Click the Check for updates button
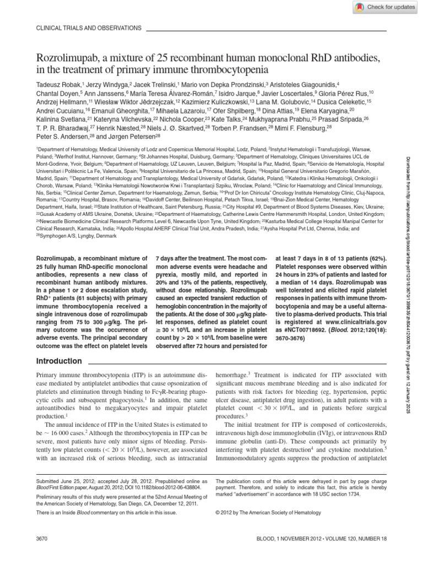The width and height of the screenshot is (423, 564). tap(384, 7)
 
